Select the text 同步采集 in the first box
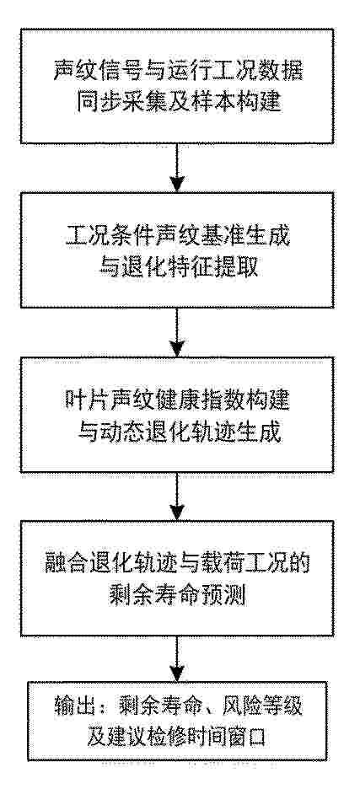[x=110, y=103]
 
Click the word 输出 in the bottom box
[x=68, y=708]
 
